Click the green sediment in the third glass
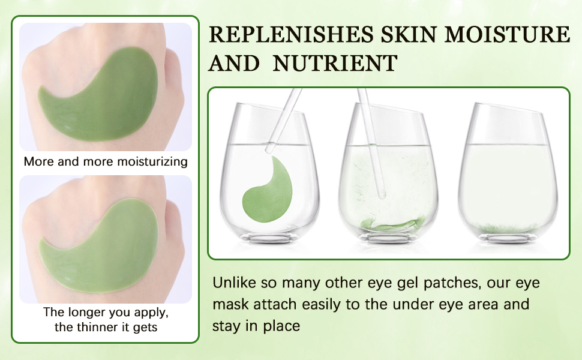pos(511,228)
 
